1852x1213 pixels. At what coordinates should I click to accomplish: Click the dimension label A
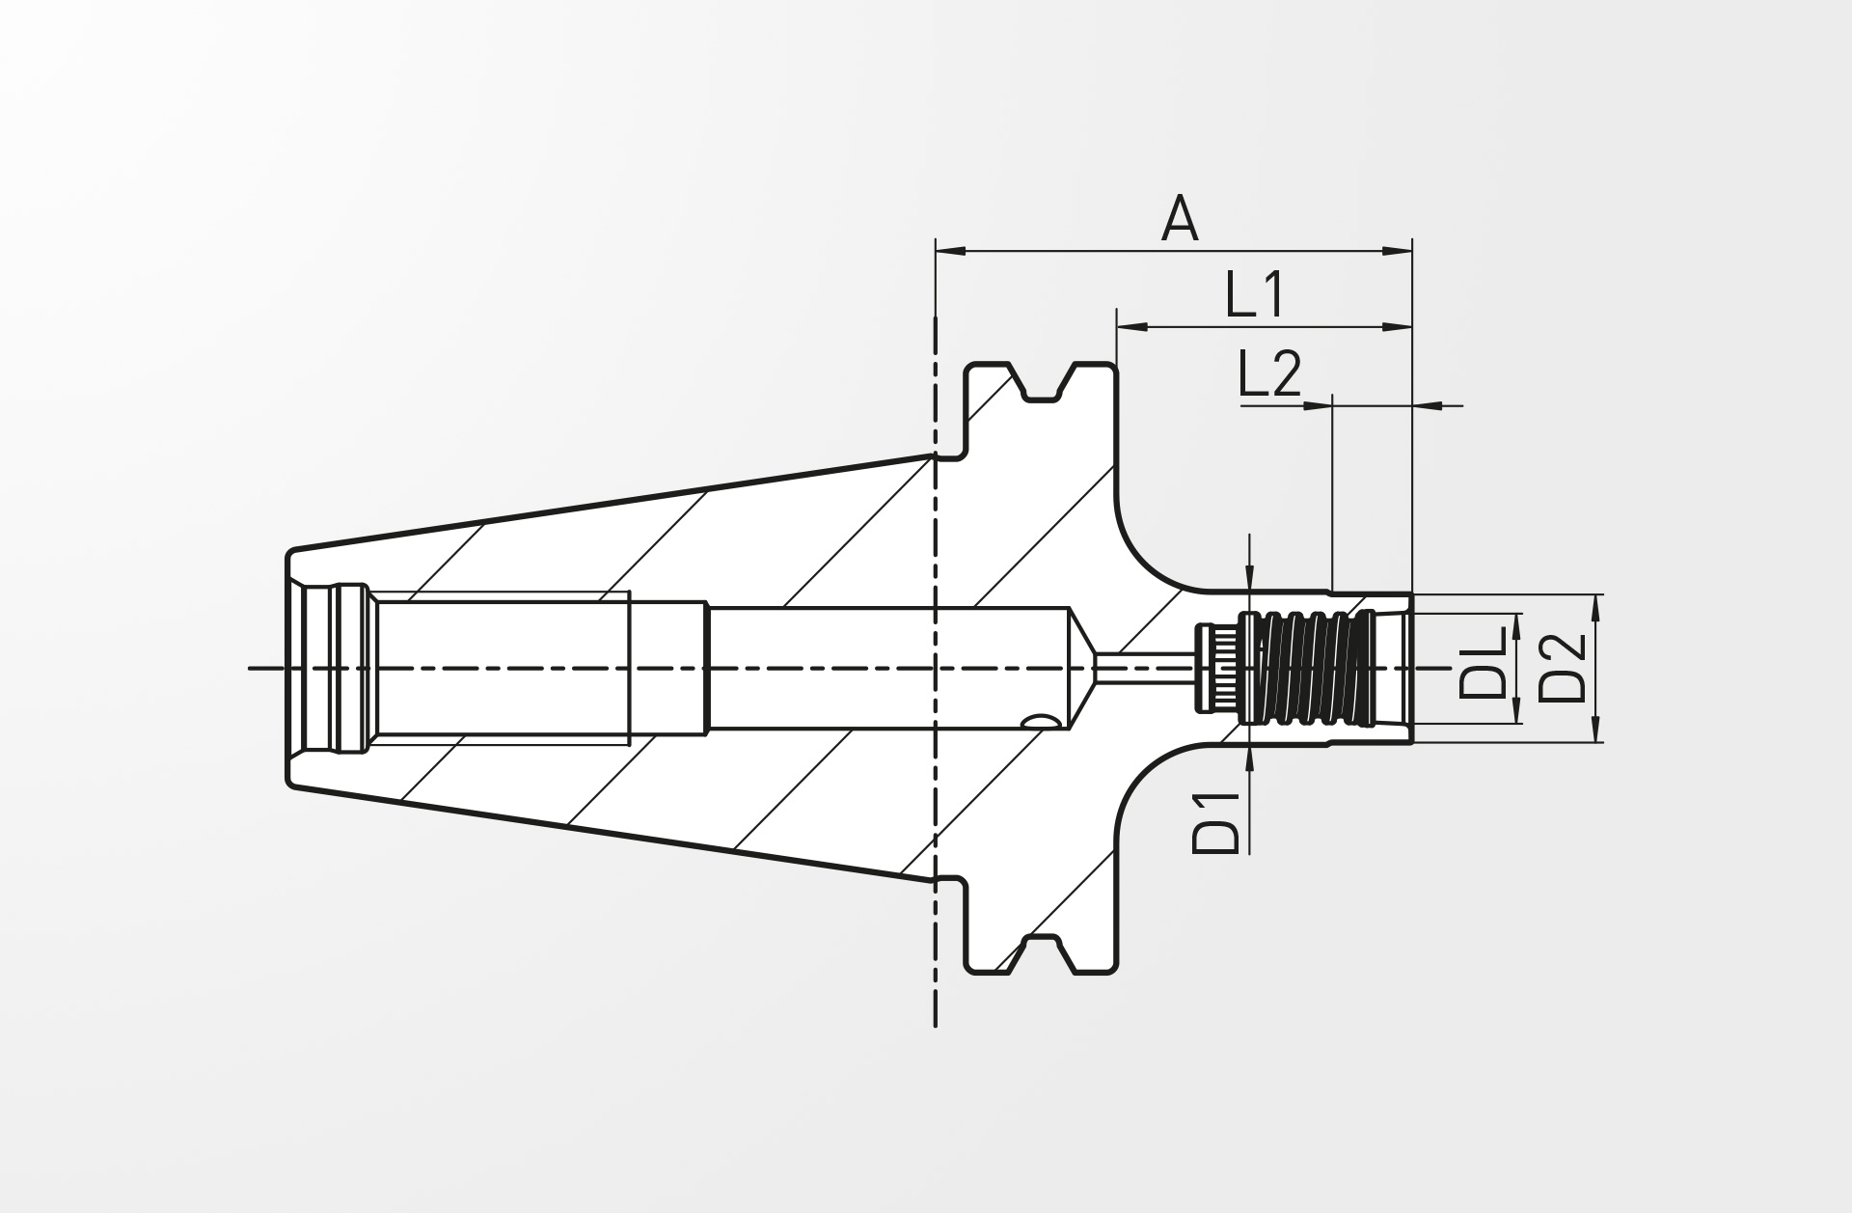1180,219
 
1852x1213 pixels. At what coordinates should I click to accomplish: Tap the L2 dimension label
1270,374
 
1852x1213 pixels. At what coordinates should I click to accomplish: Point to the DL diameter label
1483,662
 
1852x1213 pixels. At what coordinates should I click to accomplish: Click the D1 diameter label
1215,823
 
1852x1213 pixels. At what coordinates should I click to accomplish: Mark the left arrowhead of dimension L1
1131,327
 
